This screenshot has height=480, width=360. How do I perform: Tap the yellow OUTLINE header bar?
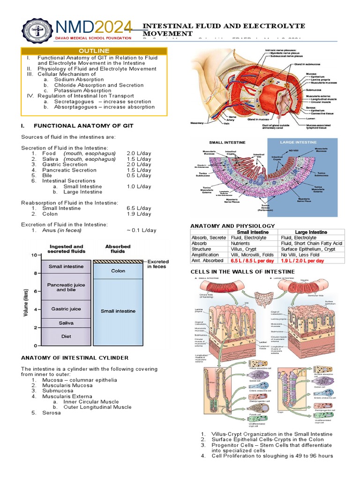click(x=94, y=51)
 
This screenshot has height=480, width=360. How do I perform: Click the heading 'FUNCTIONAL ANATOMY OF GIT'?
click(x=84, y=126)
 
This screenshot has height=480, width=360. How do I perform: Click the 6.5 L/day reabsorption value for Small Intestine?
click(x=139, y=208)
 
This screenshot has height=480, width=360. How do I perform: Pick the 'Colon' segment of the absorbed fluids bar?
click(x=118, y=271)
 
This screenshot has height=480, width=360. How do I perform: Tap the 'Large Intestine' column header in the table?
click(x=311, y=232)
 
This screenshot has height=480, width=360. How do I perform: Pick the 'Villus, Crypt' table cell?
click(x=245, y=249)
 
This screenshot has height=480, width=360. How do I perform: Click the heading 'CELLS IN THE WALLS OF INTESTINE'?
click(x=242, y=272)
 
